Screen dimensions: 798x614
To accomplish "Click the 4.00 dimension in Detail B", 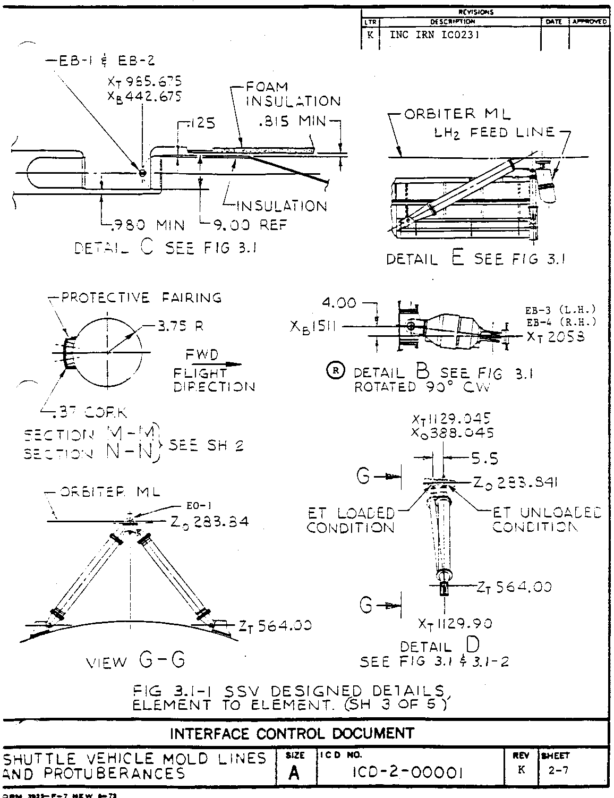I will (x=339, y=303).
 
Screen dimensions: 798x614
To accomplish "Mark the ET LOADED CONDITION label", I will (x=351, y=521).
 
